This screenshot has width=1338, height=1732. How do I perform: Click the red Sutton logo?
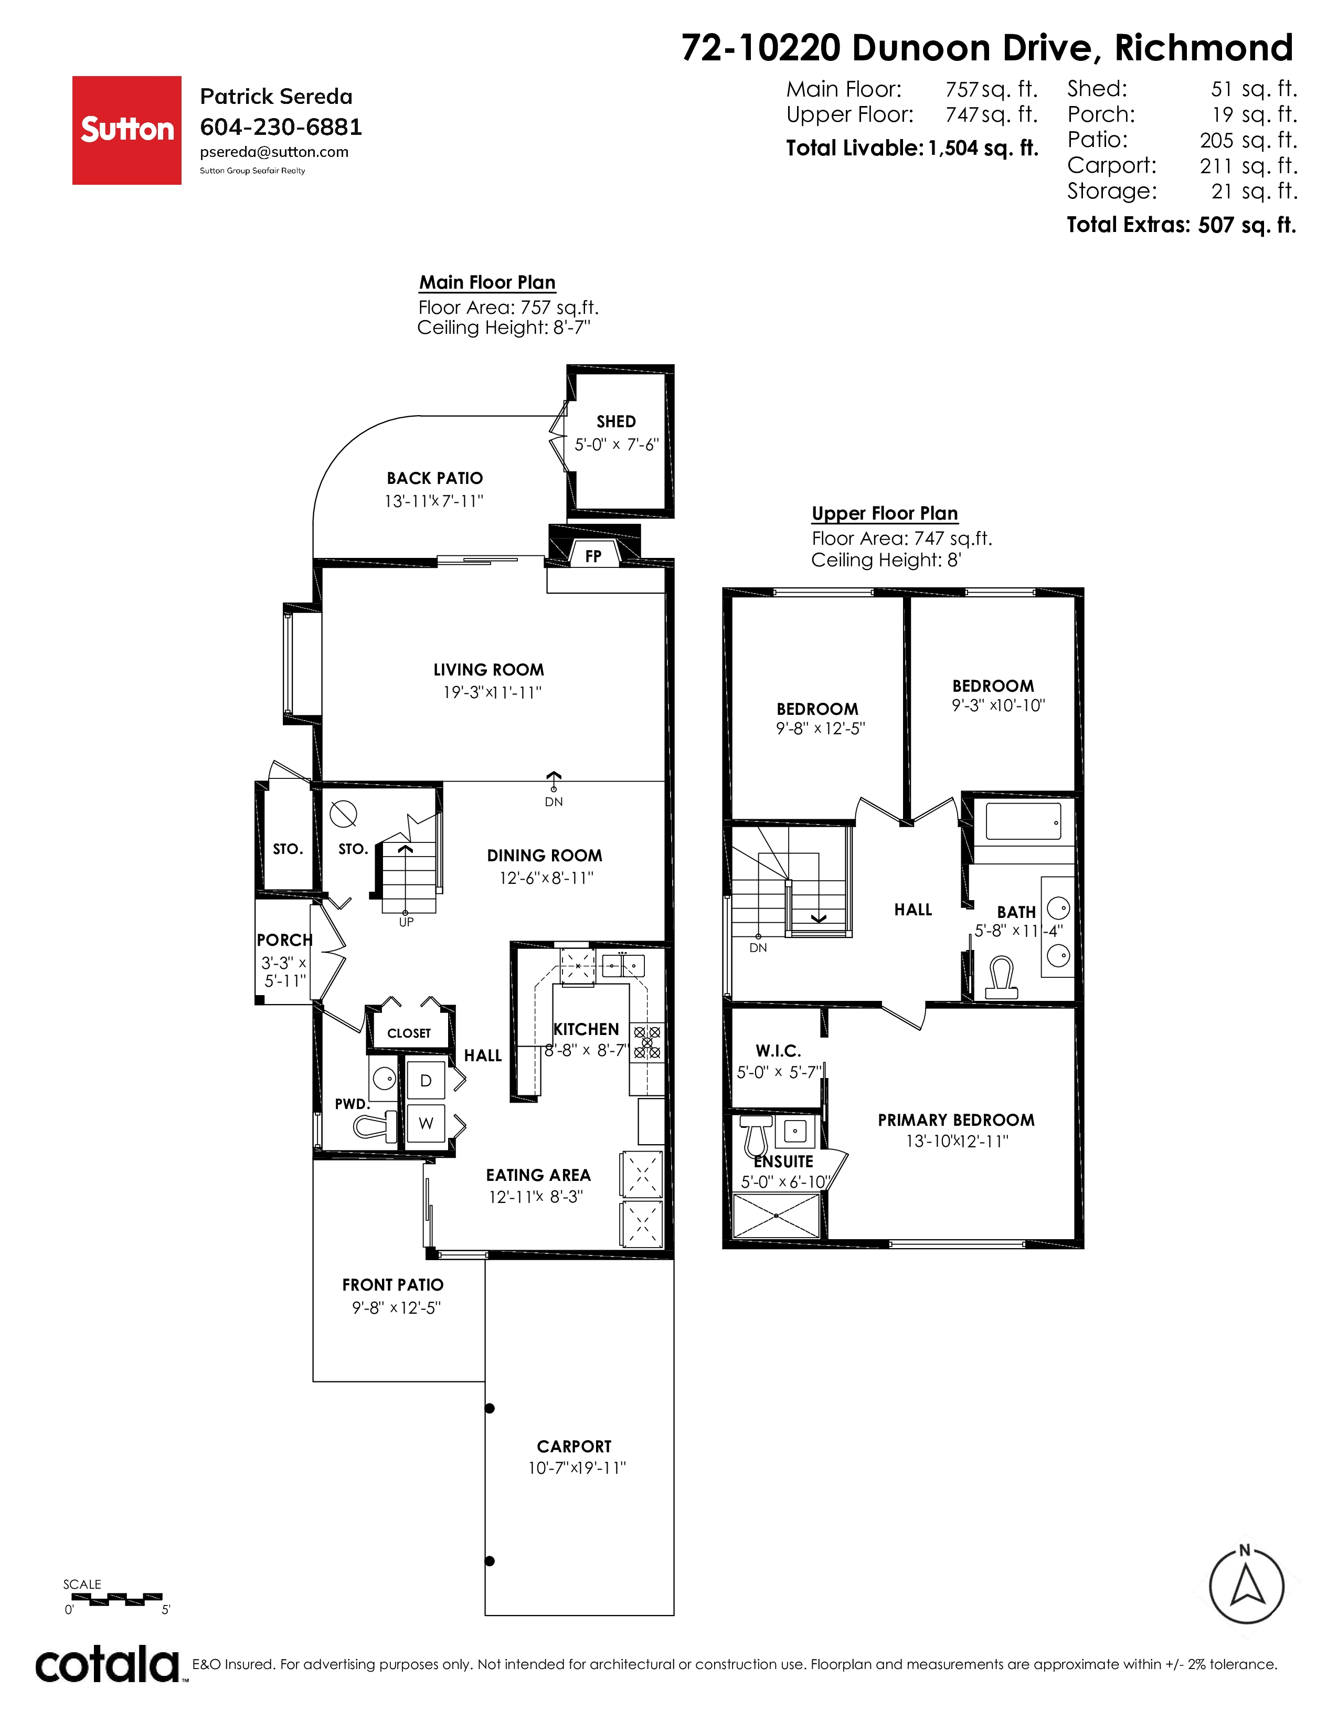(x=127, y=130)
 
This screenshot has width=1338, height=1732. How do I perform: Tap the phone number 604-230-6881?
(x=281, y=127)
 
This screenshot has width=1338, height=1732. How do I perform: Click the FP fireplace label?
(x=593, y=556)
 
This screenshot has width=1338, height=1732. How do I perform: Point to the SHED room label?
(x=616, y=421)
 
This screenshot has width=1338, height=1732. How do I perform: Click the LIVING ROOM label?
(x=489, y=669)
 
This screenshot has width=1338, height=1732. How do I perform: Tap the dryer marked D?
(x=426, y=1080)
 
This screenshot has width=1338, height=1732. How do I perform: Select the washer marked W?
(x=426, y=1123)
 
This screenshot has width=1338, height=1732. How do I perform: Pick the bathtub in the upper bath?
(x=1023, y=821)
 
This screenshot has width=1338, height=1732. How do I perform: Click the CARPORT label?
(x=574, y=1446)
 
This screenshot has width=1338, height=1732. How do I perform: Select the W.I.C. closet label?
(x=778, y=1051)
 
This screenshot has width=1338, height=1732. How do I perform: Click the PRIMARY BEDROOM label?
(x=956, y=1120)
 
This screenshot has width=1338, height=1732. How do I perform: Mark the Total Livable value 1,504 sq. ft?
(x=982, y=149)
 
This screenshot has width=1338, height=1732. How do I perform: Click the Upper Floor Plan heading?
(x=885, y=513)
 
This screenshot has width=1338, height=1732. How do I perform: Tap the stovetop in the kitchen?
(x=647, y=1041)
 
